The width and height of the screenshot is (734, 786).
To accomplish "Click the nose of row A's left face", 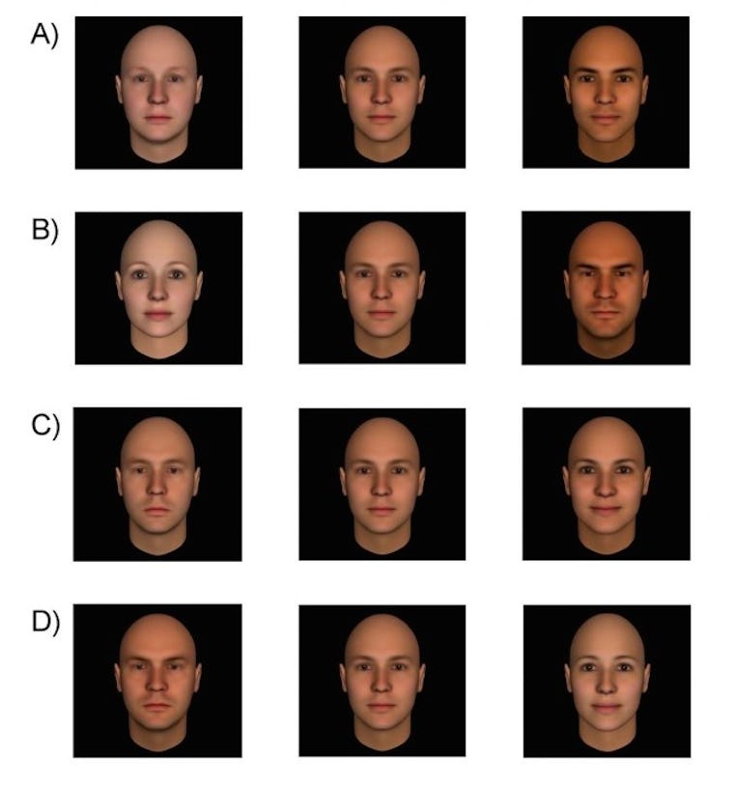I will click(x=158, y=99).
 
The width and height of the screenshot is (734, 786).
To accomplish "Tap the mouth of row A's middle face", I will click(x=381, y=119).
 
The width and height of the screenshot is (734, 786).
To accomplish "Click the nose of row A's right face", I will click(x=606, y=100).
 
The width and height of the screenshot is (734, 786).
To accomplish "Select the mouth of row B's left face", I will click(x=158, y=315).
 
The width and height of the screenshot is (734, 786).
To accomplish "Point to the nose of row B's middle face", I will click(x=381, y=295).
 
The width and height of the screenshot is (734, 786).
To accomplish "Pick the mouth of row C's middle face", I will click(x=381, y=510).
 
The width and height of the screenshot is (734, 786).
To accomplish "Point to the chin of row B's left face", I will click(x=158, y=340).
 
